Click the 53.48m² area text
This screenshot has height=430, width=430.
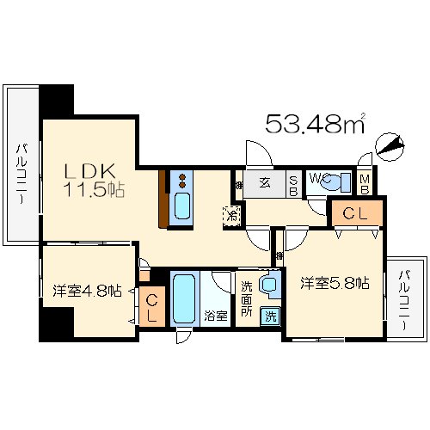(315, 124)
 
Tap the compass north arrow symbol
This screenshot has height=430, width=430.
(390, 148)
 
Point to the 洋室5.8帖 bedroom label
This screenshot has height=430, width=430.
(335, 283)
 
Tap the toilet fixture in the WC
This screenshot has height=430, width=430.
(341, 181)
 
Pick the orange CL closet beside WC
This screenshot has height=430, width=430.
(355, 212)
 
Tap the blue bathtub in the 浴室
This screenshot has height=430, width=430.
(184, 298)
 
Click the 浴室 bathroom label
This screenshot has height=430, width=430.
(216, 316)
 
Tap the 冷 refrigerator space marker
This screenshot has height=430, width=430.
(230, 215)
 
